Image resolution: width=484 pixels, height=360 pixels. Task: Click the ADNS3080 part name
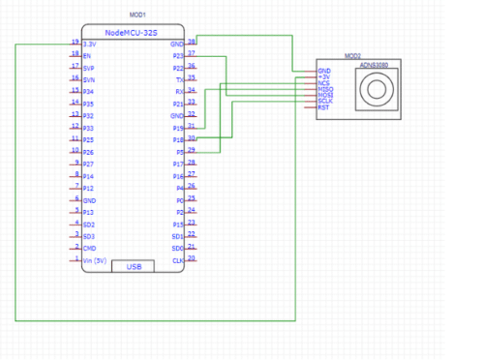374,66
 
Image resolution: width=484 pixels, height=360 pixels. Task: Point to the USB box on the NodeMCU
135,265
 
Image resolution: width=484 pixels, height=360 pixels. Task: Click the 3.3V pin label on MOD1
90,45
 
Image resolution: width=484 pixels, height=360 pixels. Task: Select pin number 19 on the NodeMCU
75,43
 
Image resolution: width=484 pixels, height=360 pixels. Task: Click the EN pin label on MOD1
87,56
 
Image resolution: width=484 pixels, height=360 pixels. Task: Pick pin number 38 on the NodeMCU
192,43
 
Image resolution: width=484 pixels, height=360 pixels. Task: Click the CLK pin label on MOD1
178,260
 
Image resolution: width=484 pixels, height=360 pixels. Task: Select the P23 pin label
178,56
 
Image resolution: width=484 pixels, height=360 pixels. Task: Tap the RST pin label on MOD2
323,106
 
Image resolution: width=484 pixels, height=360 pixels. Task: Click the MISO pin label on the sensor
324,89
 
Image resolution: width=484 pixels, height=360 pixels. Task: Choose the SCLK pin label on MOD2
325,101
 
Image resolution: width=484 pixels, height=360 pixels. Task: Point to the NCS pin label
323,83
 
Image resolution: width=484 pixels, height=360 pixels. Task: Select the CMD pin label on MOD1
89,248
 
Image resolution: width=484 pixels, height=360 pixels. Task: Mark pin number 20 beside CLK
192,258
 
